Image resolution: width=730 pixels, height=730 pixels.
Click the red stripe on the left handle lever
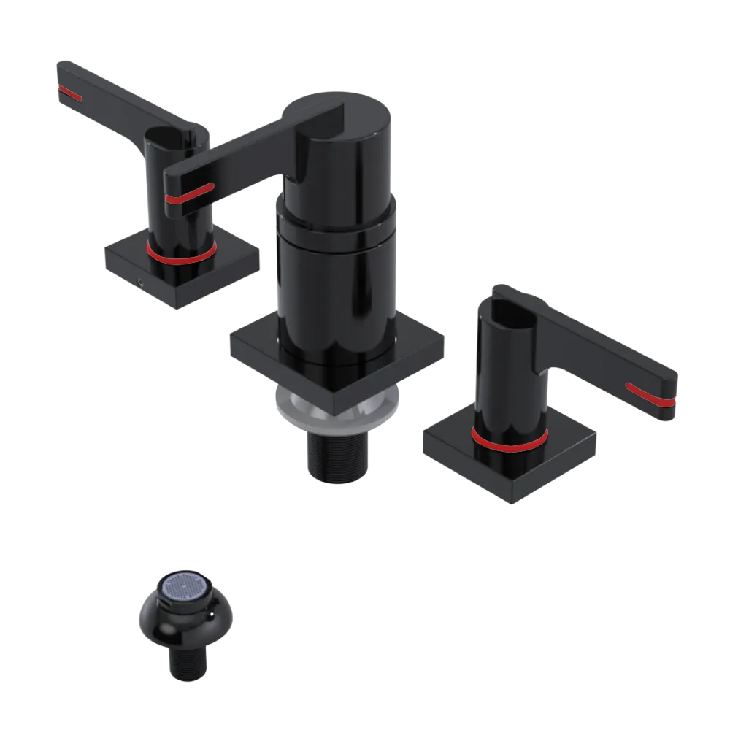point(72,93)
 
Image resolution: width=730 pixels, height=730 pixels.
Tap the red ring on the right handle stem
point(509,441)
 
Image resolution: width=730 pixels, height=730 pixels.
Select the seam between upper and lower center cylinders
point(336,223)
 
